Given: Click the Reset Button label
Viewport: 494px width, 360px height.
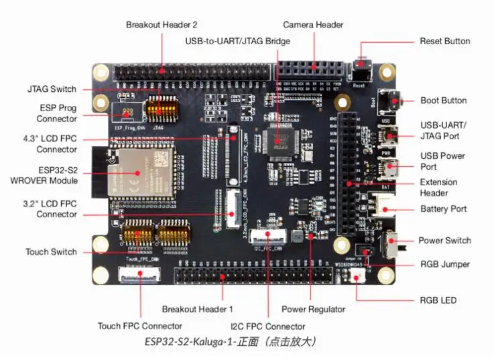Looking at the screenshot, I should pos(445,41).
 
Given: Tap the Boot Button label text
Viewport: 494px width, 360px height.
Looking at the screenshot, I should pos(443,101).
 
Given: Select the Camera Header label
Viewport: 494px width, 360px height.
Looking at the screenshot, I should pos(313,25).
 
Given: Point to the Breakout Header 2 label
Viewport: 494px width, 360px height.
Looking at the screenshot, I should pos(162,25).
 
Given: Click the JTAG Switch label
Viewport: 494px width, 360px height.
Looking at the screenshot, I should pos(52,89).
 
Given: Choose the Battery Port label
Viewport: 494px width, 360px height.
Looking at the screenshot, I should pos(443,209).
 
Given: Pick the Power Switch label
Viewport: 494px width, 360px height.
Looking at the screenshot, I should pos(444,241).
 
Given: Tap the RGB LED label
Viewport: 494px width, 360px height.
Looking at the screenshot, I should pos(438,300).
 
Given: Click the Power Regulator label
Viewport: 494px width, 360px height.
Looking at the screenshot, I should pos(313,309).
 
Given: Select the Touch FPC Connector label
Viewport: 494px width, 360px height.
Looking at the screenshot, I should pos(139,326).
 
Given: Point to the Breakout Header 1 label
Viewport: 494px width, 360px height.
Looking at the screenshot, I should pos(197,309).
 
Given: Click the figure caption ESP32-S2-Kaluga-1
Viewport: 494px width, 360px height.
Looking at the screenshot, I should pos(230,342).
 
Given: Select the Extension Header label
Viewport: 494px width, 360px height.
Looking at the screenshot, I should pos(438,188).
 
